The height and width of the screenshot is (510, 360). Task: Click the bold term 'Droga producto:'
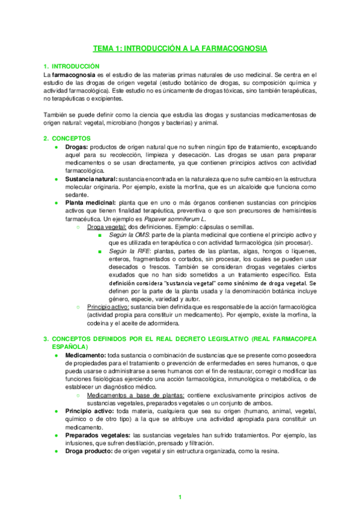[x=88, y=452]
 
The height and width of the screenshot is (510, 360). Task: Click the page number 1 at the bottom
[x=180, y=497]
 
